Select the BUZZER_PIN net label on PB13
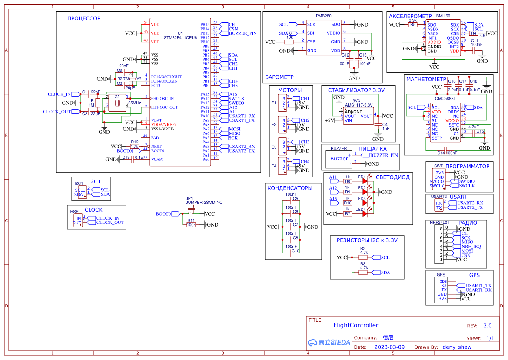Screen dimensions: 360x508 coord(242,33)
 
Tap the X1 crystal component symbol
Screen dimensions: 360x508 coord(117,103)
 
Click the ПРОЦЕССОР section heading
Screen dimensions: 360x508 coord(83,18)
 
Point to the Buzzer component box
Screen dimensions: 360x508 coord(339,159)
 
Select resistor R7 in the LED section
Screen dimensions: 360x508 coord(348,213)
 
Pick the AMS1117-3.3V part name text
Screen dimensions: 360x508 coord(359,105)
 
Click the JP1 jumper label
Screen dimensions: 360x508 coord(189,198)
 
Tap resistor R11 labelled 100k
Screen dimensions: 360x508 coord(191,225)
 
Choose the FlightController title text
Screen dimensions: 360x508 coord(355,325)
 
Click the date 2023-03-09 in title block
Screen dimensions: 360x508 coord(389,347)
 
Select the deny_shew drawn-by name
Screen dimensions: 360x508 coord(457,347)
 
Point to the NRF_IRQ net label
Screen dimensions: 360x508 coord(471,247)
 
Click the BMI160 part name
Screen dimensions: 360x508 coord(443,16)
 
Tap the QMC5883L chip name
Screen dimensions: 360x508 coord(445,99)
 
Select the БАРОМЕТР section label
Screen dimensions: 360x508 coord(279,77)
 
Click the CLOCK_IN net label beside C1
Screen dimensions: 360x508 coord(59,94)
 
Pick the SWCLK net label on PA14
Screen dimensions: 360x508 coord(236,99)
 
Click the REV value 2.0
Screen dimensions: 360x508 coord(487,326)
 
